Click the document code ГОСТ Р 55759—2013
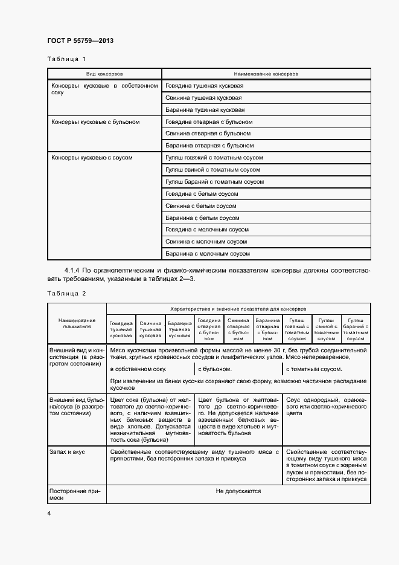pos(80,40)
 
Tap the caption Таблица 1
pos(66,59)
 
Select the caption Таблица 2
pos(66,293)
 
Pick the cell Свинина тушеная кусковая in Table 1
pos(204,98)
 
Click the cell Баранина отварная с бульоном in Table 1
pos(209,146)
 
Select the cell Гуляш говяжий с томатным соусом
pos(214,158)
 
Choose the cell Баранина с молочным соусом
pos(207,254)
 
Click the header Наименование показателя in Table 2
pos(77,323)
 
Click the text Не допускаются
pos(238,491)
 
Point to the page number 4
pos(49,514)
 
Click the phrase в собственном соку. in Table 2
pos(138,369)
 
